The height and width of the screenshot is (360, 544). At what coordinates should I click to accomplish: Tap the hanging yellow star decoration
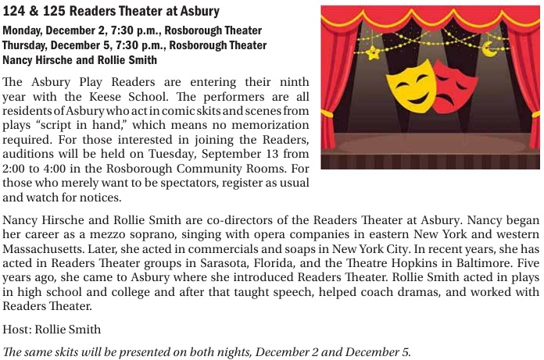pyautogui.click(x=374, y=52)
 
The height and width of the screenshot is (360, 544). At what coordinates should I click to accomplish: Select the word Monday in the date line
pyautogui.click(x=22, y=30)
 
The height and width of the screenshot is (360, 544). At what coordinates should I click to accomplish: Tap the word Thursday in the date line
pyautogui.click(x=26, y=45)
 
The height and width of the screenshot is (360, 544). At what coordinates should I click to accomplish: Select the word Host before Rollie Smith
pyautogui.click(x=16, y=330)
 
